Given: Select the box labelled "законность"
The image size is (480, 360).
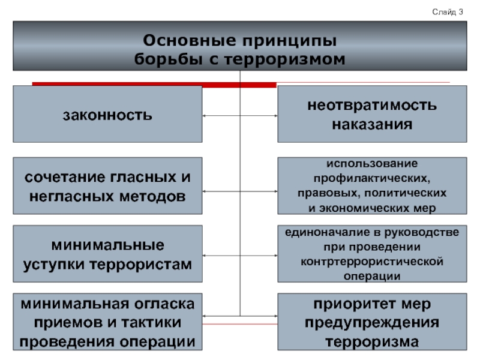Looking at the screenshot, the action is point(108,114).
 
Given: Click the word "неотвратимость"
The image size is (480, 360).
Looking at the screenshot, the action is point(372,106).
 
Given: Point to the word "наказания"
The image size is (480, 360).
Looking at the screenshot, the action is point(372,124).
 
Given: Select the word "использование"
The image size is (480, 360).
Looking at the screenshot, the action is point(372,163).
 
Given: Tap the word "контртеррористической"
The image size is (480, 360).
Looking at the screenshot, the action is point(372,262).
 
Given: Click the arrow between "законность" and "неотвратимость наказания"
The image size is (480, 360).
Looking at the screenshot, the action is point(240,115).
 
